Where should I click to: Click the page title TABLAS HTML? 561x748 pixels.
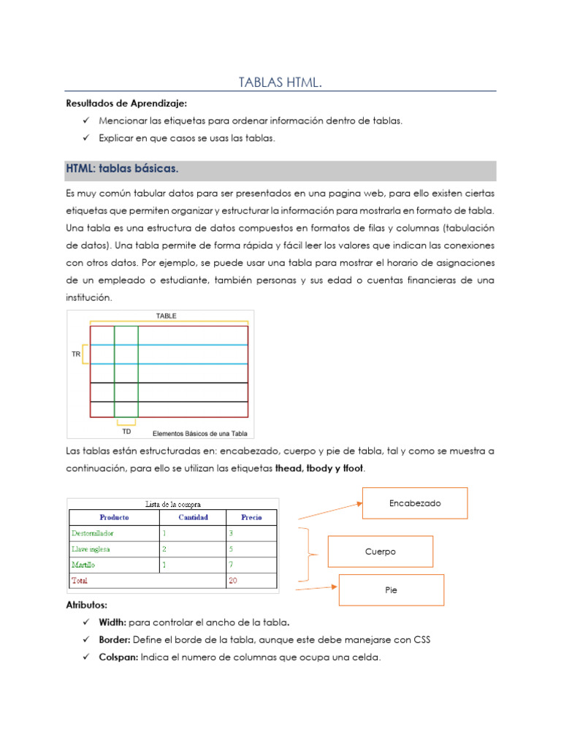click(x=280, y=83)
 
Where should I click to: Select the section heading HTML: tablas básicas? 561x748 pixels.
click(x=122, y=169)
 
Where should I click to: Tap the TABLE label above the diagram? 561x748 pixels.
click(x=166, y=316)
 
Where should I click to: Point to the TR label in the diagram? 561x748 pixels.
click(x=76, y=354)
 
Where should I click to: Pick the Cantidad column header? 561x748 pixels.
click(x=192, y=517)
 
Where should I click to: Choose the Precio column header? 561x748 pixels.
click(x=251, y=517)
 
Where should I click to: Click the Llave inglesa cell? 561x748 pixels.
click(x=91, y=549)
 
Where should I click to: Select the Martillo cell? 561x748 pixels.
click(x=83, y=565)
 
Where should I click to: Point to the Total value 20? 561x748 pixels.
click(x=234, y=581)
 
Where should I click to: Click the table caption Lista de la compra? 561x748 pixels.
click(x=173, y=503)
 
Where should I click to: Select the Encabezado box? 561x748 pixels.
click(x=415, y=503)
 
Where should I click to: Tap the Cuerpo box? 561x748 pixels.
click(x=380, y=552)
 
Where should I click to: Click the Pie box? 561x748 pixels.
click(x=391, y=590)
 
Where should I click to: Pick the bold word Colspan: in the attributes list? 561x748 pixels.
click(x=119, y=657)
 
